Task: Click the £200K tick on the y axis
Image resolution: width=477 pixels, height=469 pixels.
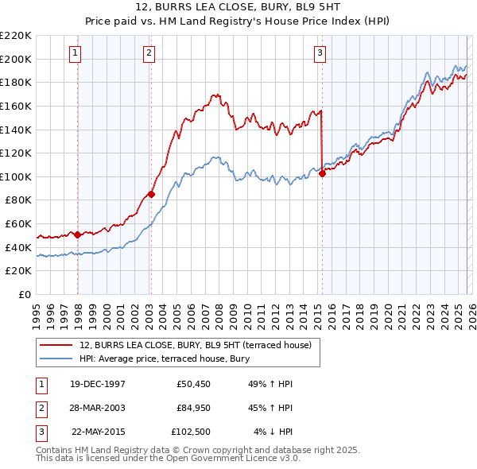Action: coord(16,59)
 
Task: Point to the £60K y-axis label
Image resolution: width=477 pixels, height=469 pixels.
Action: coord(18,224)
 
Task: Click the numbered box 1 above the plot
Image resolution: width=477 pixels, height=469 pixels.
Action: coord(75,53)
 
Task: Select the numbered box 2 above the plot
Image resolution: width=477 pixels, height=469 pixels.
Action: coord(149,53)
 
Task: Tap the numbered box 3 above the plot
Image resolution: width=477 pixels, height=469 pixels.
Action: coord(320,53)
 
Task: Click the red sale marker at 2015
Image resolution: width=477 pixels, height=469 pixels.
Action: coord(322,174)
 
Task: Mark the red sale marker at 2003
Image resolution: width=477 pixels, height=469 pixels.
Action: coord(151,194)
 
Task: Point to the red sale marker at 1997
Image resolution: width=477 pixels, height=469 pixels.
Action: coord(77,234)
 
